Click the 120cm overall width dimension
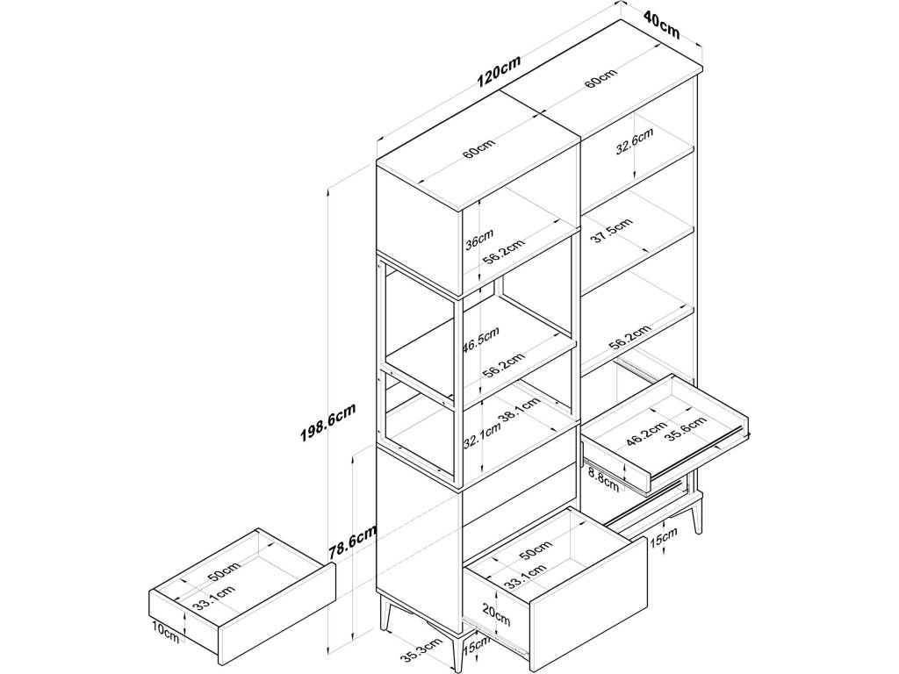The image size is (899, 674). coord(500,71)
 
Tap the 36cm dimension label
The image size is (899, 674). coord(478,239)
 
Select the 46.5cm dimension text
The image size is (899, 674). coord(480,339)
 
